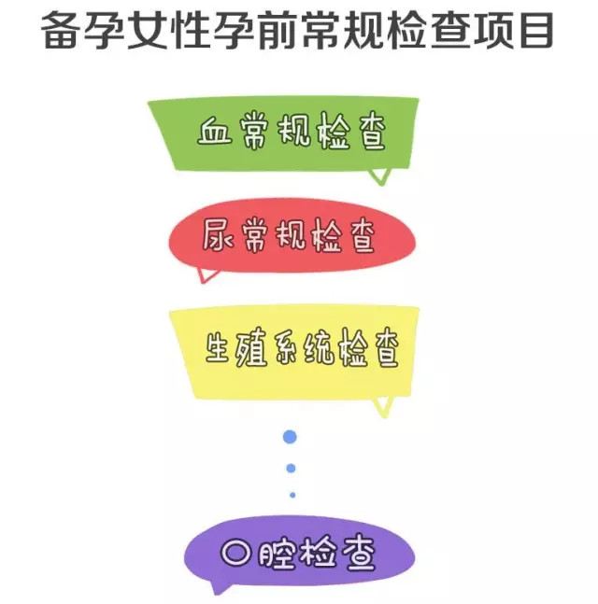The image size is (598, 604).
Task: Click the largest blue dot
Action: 290,436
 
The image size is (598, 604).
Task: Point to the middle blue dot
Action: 291,468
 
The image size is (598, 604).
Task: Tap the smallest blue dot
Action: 292,495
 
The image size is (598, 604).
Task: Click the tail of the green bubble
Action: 378,176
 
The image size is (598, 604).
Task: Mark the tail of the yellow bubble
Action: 381,405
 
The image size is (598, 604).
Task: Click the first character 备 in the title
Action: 64,31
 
